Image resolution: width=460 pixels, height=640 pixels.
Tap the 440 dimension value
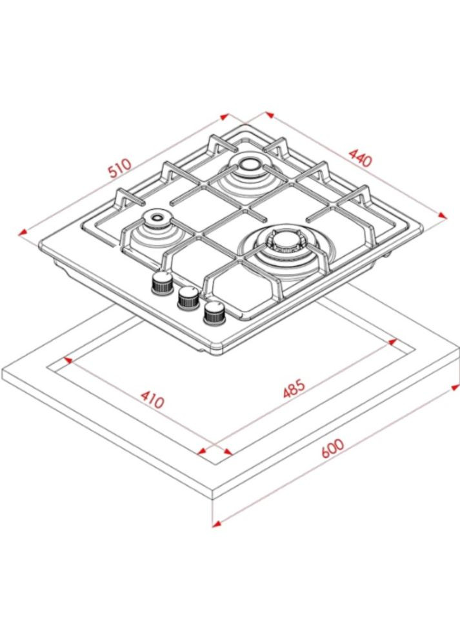(x=359, y=157)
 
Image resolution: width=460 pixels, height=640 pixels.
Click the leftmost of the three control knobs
(x=161, y=282)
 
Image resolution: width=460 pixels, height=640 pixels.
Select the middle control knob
(x=187, y=297)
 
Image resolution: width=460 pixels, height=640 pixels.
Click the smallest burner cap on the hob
(x=155, y=219)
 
